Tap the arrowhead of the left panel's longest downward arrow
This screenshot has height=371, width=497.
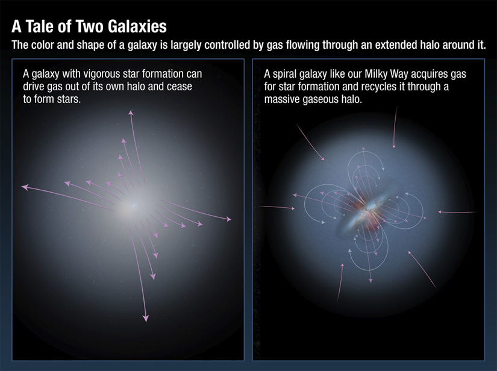tap(145, 317)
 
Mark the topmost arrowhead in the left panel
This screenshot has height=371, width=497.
tap(131, 113)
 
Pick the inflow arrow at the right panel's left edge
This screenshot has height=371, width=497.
tap(277, 208)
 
